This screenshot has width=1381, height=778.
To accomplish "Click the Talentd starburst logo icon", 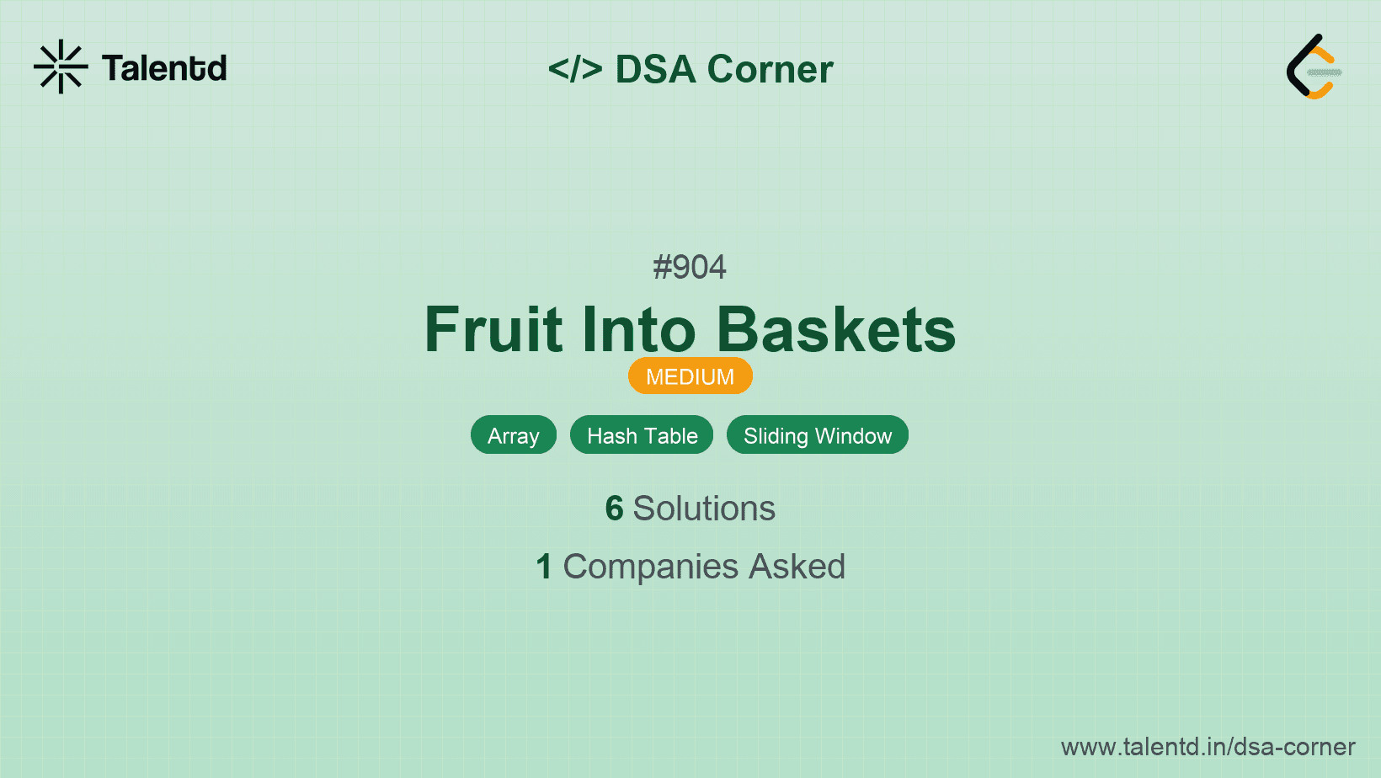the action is coord(61,67).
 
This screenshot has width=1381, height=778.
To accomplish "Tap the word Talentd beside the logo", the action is coord(164,68).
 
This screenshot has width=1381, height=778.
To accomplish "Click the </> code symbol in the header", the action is coord(575,68).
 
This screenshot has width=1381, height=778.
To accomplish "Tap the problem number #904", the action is coord(690,267).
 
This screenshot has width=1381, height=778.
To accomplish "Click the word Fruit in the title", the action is coord(493,329).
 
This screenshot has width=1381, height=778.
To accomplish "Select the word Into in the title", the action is coord(638,329).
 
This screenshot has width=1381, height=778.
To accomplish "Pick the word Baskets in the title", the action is coord(836,329).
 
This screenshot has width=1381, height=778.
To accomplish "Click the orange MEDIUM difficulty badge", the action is coord(690,376).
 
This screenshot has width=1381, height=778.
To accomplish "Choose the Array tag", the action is coord(514,435).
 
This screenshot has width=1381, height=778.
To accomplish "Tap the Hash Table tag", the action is coord(642,435).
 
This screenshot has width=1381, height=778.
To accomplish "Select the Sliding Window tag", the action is coord(818,435).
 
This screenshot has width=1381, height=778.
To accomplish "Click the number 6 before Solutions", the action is coord(614,509).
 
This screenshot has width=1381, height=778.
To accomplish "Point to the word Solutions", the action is coord(704,509).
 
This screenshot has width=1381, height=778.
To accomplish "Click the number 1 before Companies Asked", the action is coord(544,567).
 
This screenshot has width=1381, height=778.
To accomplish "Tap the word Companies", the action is coord(650,568).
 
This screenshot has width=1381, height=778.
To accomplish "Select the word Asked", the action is coord(797,567).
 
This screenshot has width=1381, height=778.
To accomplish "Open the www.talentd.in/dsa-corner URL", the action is coord(1208,747).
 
